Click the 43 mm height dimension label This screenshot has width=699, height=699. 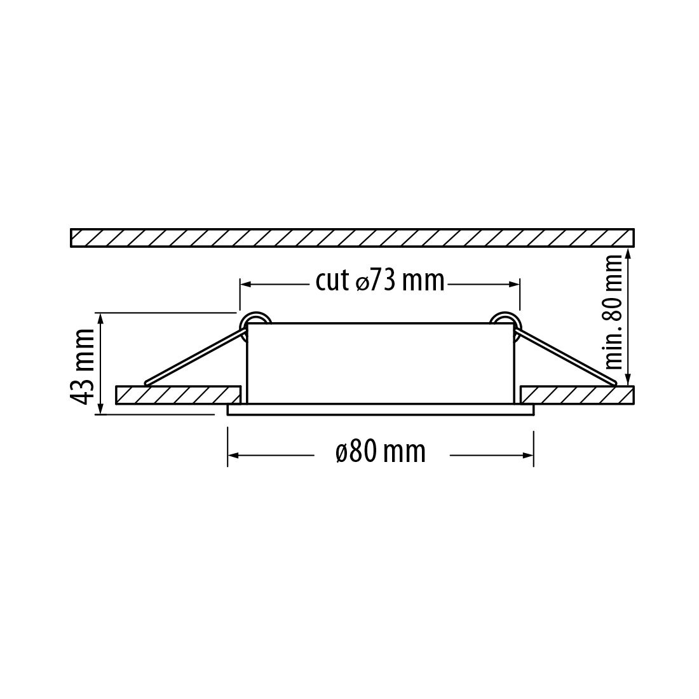click(83, 367)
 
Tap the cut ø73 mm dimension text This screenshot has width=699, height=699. click(380, 281)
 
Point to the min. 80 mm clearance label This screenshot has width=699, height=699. click(613, 311)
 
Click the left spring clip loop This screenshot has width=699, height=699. click(255, 320)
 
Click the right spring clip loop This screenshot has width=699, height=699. click(504, 320)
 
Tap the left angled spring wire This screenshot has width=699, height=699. click(195, 356)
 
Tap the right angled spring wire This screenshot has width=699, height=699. click(566, 356)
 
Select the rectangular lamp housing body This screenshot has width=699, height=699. click(380, 363)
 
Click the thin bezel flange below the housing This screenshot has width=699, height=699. click(381, 410)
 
